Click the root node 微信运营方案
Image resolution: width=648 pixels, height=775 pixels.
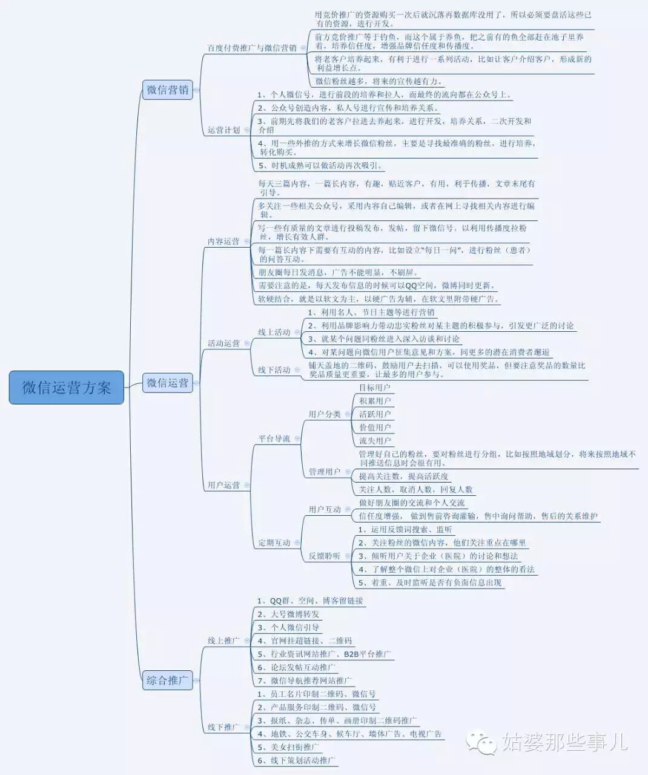pos(67,387)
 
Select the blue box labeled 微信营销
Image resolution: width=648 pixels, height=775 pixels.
pos(168,90)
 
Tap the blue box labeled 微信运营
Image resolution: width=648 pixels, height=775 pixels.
pos(168,383)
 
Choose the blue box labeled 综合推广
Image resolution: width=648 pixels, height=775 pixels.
pos(168,680)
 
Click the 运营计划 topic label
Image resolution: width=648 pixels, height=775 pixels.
pos(223,130)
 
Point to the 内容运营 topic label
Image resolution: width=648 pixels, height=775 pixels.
pos(223,241)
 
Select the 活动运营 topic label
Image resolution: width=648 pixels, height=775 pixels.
pos(223,343)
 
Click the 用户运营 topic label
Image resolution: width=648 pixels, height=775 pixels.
pos(223,485)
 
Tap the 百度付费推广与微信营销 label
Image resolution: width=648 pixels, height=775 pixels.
pos(252,48)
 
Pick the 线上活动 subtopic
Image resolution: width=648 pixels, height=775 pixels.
pos(274,332)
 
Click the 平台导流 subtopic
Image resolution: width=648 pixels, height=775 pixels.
pos(274,438)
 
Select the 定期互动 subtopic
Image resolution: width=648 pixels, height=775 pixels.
pos(274,543)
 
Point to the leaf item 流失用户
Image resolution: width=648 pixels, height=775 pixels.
pos(375,441)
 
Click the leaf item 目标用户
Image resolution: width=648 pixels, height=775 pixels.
pos(375,387)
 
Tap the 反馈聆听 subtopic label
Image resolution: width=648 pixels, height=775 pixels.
pos(325,556)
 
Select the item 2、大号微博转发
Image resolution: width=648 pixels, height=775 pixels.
pos(289,614)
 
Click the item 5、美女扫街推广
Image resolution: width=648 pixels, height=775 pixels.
pos(288,747)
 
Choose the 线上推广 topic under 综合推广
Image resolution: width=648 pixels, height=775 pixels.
pos(223,641)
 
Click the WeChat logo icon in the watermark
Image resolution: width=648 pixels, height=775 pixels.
pos(481,742)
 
